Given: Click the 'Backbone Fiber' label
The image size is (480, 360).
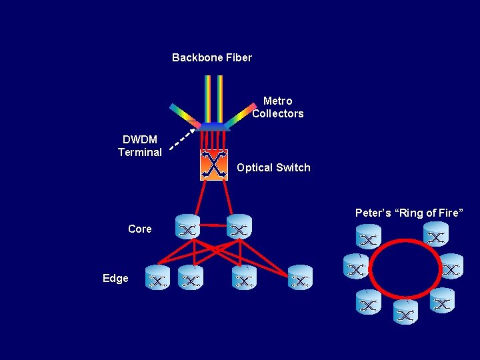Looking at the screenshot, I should (212, 57).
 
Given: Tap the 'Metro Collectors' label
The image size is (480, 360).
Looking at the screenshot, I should (277, 107).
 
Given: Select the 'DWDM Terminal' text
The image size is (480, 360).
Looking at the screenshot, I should (140, 146).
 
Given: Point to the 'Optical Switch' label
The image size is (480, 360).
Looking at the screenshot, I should (273, 167).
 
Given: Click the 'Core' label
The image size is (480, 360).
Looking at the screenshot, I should (140, 229).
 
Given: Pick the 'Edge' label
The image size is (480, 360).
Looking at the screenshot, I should (115, 278).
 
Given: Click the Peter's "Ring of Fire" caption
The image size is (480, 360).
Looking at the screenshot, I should (409, 213).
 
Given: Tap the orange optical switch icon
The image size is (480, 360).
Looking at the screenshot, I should (214, 164).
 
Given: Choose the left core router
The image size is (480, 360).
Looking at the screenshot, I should (187, 227).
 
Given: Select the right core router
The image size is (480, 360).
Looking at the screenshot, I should (239, 227).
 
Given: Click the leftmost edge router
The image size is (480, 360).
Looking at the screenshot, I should (158, 278).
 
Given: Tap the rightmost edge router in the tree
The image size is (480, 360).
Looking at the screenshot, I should (300, 278).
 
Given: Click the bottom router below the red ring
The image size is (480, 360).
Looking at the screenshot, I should (405, 312).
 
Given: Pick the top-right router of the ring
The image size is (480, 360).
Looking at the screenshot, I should (436, 235).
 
